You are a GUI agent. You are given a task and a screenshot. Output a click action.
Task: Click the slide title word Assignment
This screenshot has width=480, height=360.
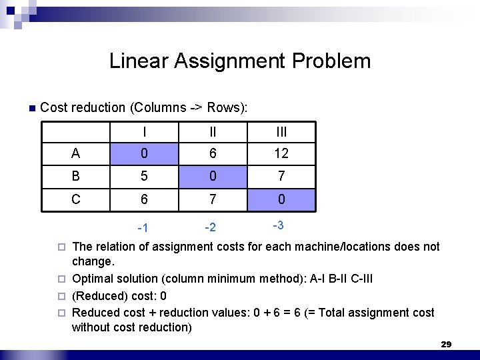225,61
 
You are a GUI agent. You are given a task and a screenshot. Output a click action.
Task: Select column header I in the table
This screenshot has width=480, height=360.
144,132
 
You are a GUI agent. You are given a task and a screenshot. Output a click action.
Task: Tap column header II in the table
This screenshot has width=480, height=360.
212,132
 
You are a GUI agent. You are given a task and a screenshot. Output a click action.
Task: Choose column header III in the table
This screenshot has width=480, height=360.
281,132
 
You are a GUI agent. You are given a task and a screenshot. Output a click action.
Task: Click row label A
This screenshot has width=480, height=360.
75,153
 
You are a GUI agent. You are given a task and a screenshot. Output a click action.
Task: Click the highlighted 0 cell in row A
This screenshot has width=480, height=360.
144,153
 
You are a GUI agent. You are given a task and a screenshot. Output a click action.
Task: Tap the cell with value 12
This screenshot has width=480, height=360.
281,153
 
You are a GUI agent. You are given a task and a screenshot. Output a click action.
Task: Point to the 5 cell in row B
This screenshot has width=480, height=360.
144,176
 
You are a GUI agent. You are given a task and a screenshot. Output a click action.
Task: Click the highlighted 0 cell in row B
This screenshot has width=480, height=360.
212,176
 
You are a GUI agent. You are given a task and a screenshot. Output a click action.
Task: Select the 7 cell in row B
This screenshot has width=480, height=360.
281,176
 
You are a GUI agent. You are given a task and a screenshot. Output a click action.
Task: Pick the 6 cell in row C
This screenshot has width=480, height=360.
144,199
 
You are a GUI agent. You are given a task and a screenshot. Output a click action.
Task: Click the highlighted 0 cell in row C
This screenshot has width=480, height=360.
281,199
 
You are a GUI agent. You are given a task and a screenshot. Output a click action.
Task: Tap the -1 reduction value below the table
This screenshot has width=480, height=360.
143,229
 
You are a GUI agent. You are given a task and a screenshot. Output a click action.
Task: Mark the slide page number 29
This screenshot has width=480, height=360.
446,344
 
